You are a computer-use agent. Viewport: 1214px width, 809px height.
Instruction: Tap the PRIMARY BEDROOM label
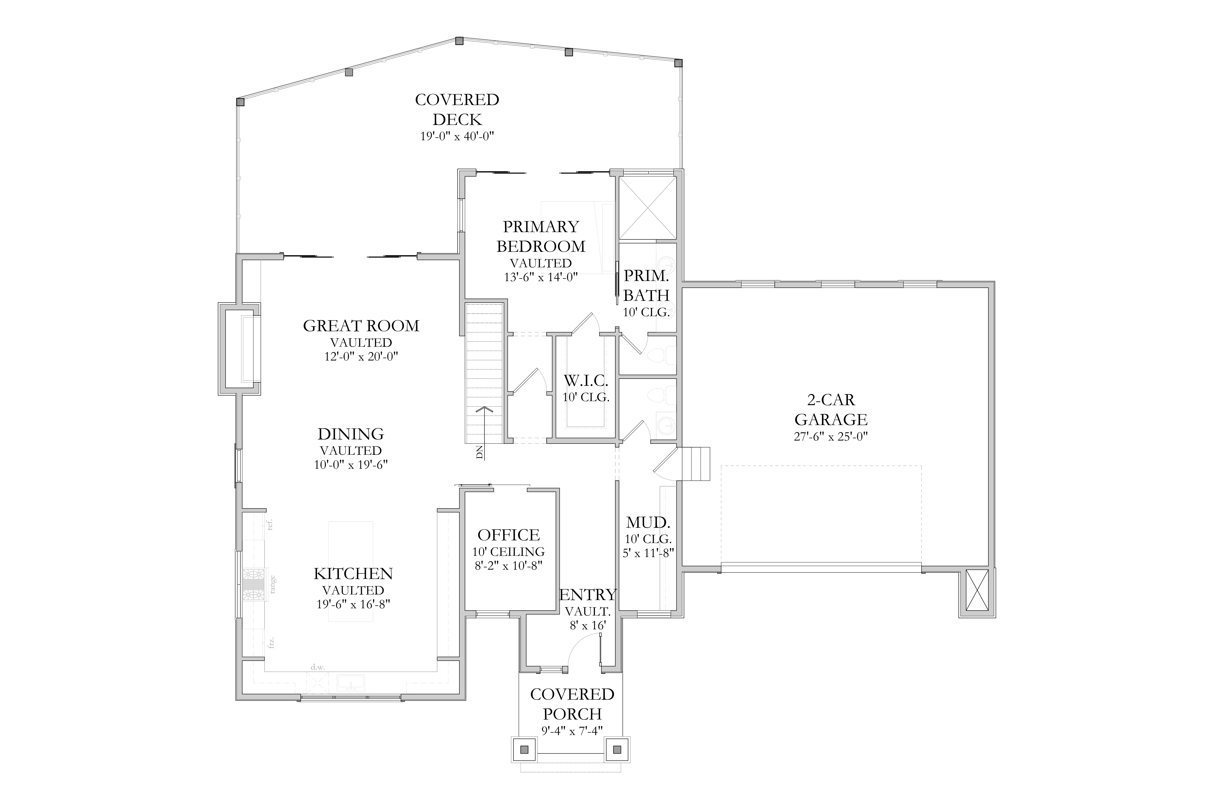coord(541,236)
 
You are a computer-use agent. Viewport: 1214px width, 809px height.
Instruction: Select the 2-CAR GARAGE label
coord(831,409)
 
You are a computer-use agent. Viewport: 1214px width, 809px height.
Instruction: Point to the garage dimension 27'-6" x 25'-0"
coord(831,437)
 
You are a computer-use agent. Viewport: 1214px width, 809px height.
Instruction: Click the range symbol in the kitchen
coord(253,585)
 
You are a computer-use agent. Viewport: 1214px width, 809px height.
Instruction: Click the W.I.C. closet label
coord(586,381)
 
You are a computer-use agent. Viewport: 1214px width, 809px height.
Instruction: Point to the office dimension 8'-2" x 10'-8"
coord(508,565)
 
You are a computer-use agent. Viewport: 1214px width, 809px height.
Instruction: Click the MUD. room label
coord(648,523)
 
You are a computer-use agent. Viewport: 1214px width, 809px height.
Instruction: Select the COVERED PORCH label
coord(572,704)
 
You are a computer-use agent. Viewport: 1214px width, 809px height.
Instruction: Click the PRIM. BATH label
coord(646,285)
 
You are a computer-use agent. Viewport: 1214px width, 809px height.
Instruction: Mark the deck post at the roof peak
coord(459,41)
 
